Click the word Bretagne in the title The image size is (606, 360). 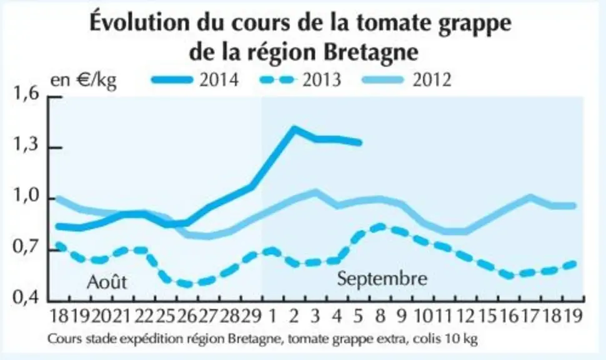(x=370, y=52)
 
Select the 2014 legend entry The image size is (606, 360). (x=195, y=80)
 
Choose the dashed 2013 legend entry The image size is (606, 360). (x=300, y=80)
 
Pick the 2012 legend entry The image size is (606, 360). (x=406, y=80)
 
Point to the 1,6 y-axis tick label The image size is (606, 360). (x=26, y=94)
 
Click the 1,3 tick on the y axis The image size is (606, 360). (x=26, y=145)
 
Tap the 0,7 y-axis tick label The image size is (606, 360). (x=26, y=247)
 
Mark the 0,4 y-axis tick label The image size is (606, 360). (x=26, y=297)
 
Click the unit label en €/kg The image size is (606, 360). (x=84, y=81)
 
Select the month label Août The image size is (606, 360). (x=107, y=282)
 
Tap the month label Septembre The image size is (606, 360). (x=382, y=279)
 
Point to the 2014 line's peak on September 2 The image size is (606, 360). (x=294, y=128)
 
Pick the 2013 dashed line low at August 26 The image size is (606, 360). (x=188, y=284)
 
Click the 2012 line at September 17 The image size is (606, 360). (x=530, y=197)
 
